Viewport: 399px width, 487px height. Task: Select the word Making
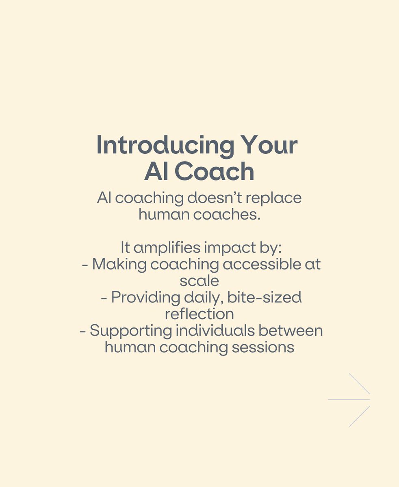coord(119,264)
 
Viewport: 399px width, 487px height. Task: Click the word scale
coord(199,281)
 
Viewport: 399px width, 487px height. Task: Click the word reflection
coord(199,314)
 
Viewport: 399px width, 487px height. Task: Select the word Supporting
coord(131,331)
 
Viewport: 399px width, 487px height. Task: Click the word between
coord(291,330)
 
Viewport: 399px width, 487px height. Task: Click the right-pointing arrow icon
coord(349,400)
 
